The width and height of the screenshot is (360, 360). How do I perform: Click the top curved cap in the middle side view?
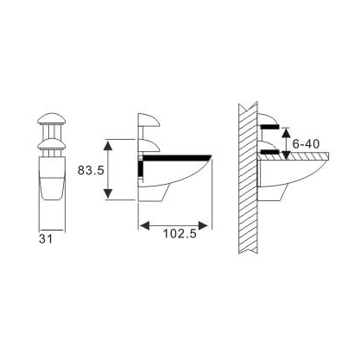(x=148, y=120)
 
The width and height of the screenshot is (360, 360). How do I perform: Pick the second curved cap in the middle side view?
(x=148, y=141)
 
